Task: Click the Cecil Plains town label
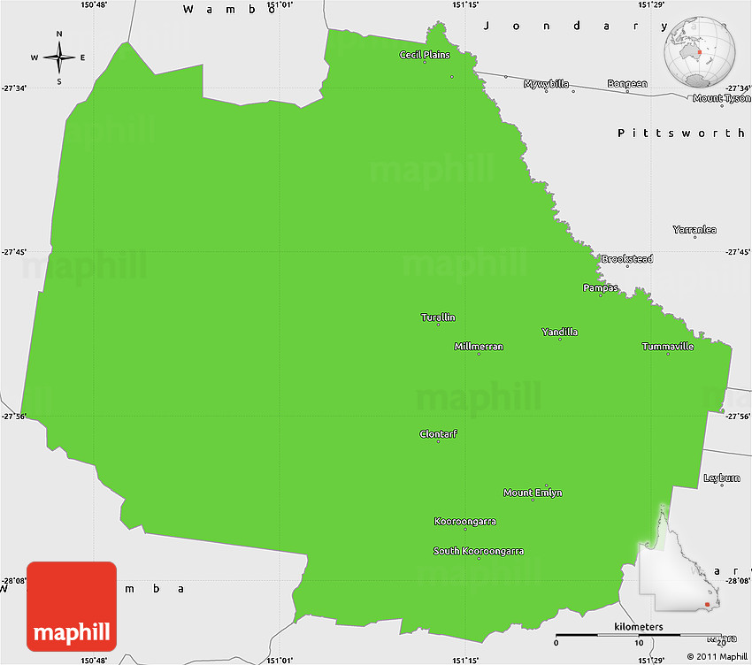point(425,55)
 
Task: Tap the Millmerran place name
point(479,347)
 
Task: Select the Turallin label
point(438,317)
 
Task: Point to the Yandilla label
point(559,332)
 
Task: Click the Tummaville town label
point(668,347)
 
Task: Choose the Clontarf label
point(438,434)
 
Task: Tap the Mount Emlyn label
point(533,493)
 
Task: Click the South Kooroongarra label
point(478,551)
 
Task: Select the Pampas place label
point(601,288)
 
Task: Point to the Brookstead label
point(627,259)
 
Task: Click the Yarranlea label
point(694,230)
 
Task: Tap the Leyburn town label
point(721,478)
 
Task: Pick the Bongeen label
point(627,84)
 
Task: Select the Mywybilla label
point(548,84)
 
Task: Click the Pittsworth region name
point(681,133)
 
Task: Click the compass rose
point(59,58)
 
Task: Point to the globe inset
point(702,51)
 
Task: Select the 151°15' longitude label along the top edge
point(465,5)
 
